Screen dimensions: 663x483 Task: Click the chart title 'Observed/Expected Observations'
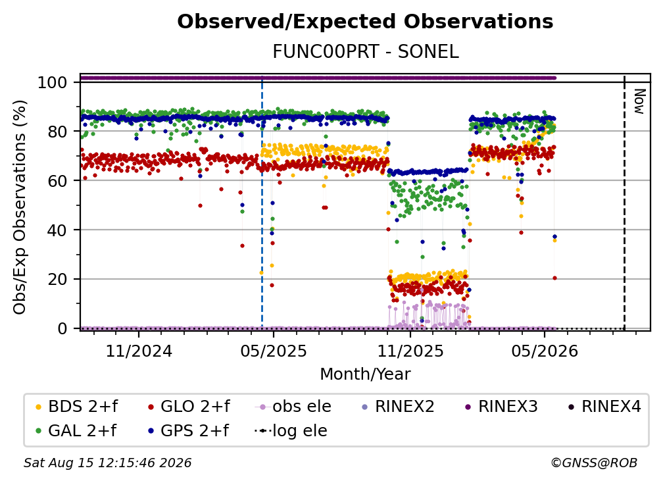point(365,22)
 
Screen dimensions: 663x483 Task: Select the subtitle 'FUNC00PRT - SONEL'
point(365,52)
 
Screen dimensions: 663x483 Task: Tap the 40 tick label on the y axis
point(57,230)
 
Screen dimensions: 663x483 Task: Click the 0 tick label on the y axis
point(62,328)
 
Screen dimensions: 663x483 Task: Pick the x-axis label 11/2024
point(139,351)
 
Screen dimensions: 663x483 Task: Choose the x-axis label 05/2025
point(274,351)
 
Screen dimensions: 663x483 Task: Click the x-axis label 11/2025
point(410,351)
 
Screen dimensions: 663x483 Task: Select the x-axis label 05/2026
point(545,351)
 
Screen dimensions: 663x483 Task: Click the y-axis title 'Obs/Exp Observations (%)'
point(20,207)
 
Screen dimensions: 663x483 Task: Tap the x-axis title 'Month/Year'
point(365,374)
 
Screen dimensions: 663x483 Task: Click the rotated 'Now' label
point(639,101)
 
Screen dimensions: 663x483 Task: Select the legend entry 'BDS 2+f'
point(76,407)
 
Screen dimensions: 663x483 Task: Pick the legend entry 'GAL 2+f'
point(76,431)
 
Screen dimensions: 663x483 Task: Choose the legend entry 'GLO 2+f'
point(189,407)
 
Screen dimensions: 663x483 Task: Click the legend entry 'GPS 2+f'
point(188,431)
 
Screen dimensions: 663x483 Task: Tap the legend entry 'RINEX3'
point(501,407)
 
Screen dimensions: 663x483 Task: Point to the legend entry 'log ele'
point(291,431)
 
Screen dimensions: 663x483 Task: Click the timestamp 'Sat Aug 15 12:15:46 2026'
point(107,463)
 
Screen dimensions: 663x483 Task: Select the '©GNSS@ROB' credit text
point(594,463)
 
